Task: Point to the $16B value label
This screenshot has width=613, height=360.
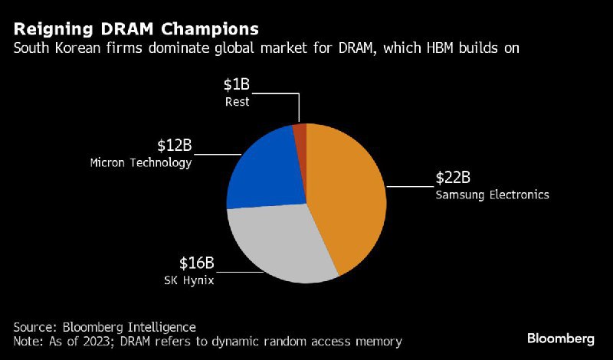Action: tap(197, 264)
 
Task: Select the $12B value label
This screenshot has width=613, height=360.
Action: tap(175, 146)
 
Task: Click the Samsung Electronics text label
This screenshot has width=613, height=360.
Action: tap(492, 195)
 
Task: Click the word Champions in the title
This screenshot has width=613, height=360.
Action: tap(209, 29)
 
